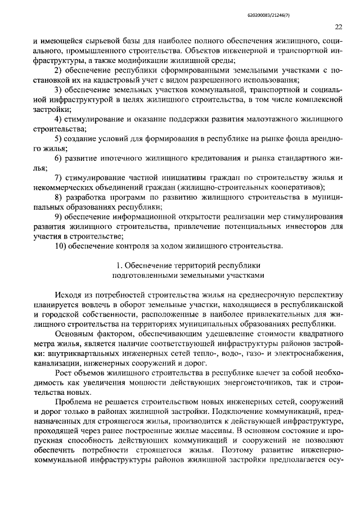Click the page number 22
click(x=338, y=26)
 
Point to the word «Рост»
click(x=64, y=372)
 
